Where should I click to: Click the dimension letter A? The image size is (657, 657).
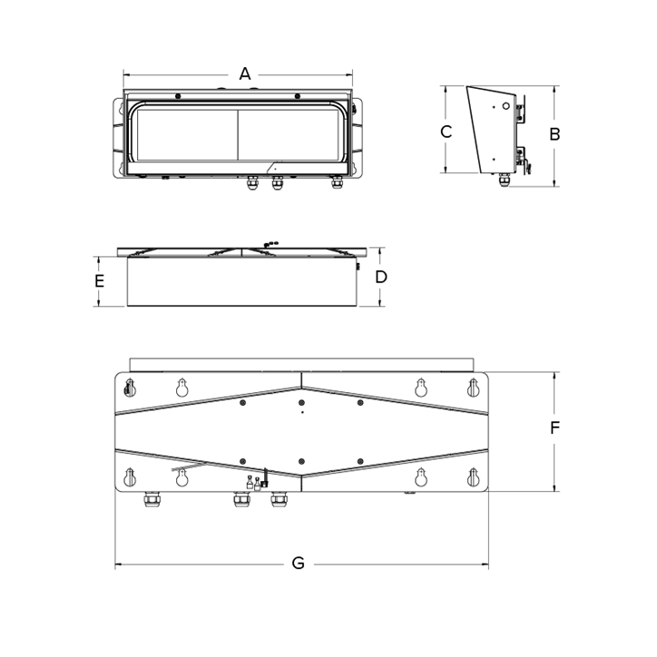pos(245,74)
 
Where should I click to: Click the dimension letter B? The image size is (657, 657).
pos(554,134)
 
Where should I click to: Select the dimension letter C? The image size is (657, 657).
pos(446,132)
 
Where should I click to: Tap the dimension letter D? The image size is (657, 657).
pos(381,277)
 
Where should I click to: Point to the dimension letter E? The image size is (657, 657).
pos(99,280)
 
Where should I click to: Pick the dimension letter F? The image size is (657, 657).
pos(554,428)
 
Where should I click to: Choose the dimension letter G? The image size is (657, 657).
pos(298,564)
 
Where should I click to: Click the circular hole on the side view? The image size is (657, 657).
pos(505,106)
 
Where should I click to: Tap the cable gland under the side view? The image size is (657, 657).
pos(505,180)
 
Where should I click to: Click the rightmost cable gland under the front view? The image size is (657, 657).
pos(337,182)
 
